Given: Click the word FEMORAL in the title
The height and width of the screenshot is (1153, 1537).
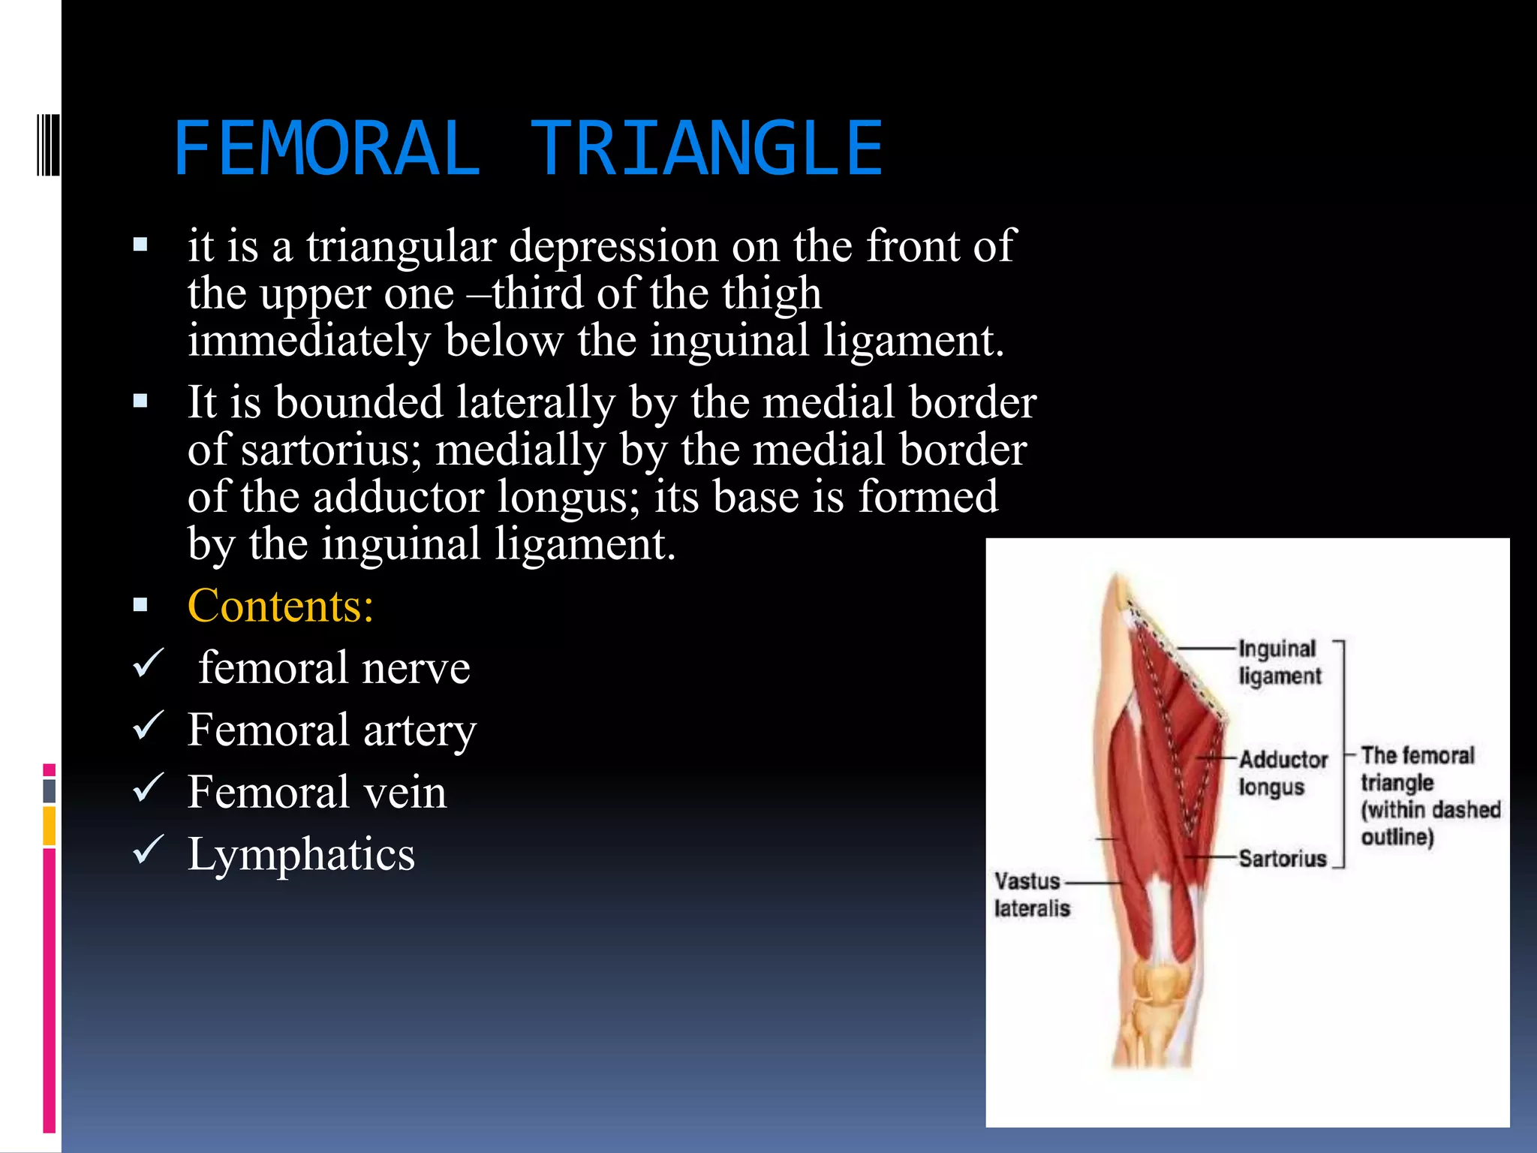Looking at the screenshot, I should click(x=326, y=149).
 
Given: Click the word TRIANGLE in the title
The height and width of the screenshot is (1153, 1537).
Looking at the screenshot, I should click(x=706, y=149).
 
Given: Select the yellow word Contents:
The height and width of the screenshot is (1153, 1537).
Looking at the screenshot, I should click(x=280, y=606).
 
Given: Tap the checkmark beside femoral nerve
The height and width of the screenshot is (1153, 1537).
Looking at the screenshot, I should click(x=148, y=664).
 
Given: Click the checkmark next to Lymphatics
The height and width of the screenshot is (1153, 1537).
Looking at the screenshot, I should click(x=148, y=850).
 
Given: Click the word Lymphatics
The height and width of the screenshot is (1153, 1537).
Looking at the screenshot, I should click(x=301, y=855).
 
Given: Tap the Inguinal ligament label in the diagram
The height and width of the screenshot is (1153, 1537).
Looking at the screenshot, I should click(x=1279, y=662).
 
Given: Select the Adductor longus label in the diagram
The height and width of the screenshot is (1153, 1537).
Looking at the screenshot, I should click(x=1282, y=772).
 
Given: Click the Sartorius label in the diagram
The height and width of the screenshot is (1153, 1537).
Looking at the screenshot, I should click(x=1282, y=858).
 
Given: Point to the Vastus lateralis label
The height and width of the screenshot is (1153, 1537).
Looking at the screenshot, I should click(x=1030, y=894).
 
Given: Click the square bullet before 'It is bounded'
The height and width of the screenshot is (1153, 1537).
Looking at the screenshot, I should click(x=140, y=402).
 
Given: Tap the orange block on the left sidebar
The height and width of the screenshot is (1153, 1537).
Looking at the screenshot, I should click(x=50, y=825).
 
